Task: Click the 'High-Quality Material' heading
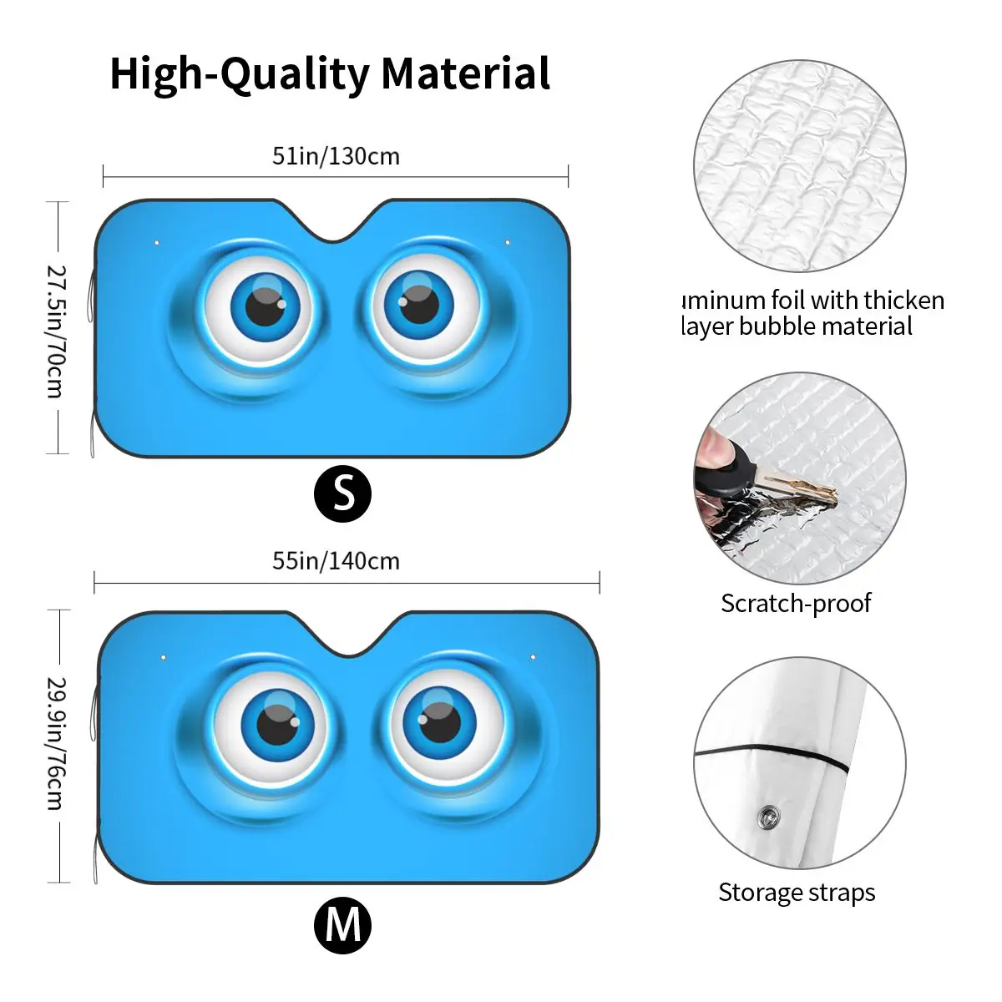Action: tap(330, 73)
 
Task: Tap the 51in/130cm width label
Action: tap(336, 156)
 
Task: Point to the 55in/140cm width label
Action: tap(336, 560)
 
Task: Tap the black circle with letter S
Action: tap(342, 494)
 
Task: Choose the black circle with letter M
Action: tap(342, 925)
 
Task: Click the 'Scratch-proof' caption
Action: tap(796, 603)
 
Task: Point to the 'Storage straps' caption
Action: tap(797, 893)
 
